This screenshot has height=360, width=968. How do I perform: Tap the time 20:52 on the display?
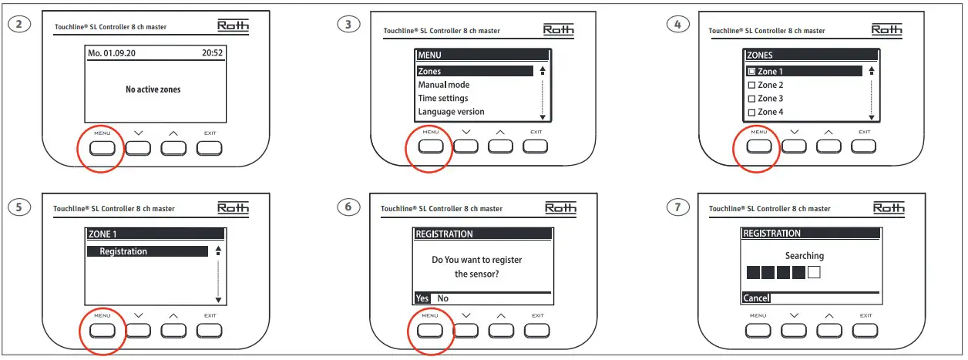pos(213,56)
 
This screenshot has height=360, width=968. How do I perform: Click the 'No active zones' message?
pos(153,89)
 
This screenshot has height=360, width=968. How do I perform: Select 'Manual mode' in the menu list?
pos(443,85)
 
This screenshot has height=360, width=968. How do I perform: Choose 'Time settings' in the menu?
pos(442,98)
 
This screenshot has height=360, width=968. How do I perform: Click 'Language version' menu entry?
pos(451,112)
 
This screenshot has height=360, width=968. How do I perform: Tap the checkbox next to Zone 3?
pos(751,99)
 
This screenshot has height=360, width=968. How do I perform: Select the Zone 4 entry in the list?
pos(770,112)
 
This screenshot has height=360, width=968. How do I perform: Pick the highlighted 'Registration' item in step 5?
pos(146,251)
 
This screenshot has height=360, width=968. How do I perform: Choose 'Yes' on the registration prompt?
pos(422,298)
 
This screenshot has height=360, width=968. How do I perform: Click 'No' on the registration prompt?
pos(442,298)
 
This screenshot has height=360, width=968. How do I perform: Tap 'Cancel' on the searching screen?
pos(756,298)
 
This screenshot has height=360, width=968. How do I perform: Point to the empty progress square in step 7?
pos(814,272)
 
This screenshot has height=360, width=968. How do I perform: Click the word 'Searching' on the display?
pos(804,256)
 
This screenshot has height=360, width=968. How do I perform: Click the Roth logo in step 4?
pos(887,29)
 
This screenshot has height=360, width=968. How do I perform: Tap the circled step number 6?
pos(348,207)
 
